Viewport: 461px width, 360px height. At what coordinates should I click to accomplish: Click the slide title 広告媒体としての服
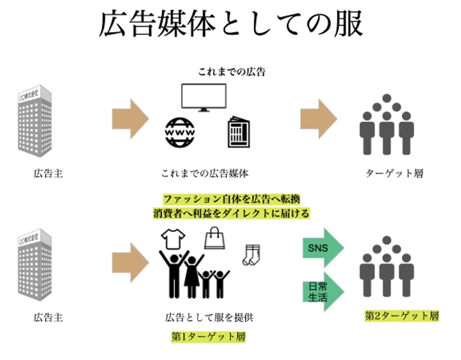click(x=231, y=24)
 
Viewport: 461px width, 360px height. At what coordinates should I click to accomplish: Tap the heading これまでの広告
click(x=231, y=72)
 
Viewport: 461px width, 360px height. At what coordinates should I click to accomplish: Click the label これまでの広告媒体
click(x=205, y=174)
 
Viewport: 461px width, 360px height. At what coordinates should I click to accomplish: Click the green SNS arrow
click(x=323, y=248)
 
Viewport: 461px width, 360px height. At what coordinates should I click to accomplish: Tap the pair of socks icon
click(x=251, y=253)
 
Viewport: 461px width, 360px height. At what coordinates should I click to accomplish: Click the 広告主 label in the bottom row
click(x=48, y=317)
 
